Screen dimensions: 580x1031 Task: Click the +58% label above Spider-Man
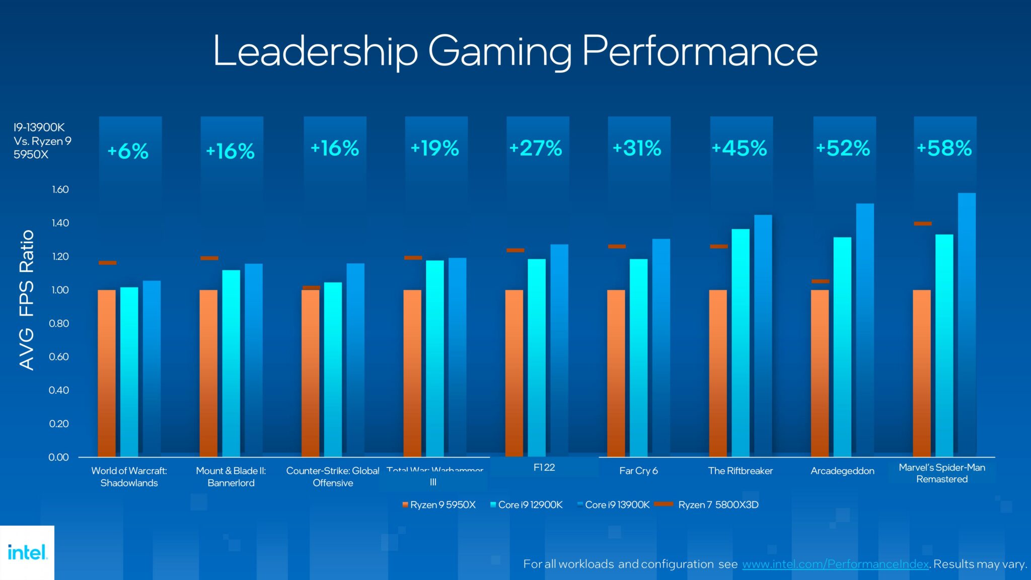pos(944,149)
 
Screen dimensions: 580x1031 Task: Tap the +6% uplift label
pos(128,151)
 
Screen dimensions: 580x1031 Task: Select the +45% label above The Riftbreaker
pos(740,149)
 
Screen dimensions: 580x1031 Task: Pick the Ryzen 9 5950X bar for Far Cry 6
pos(616,373)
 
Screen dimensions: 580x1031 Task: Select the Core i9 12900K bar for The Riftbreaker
pos(740,342)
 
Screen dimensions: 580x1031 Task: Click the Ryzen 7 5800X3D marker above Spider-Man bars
pos(923,224)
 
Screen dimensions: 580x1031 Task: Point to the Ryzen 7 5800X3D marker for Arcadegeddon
pos(820,281)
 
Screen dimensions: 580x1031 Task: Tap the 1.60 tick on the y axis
pos(60,190)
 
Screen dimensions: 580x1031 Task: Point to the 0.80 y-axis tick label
pos(59,323)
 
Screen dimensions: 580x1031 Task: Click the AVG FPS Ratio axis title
pos(27,301)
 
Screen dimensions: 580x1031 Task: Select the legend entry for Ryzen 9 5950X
pos(439,504)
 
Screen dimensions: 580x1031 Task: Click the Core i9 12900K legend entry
pos(527,504)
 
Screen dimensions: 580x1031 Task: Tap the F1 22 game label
pos(544,467)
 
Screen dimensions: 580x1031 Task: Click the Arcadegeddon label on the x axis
pos(842,471)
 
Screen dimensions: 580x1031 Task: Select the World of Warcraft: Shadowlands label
pos(129,476)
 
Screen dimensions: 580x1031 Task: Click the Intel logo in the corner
pos(27,552)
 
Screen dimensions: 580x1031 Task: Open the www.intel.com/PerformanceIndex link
pos(835,564)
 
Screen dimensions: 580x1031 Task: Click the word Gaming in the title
pos(500,51)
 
